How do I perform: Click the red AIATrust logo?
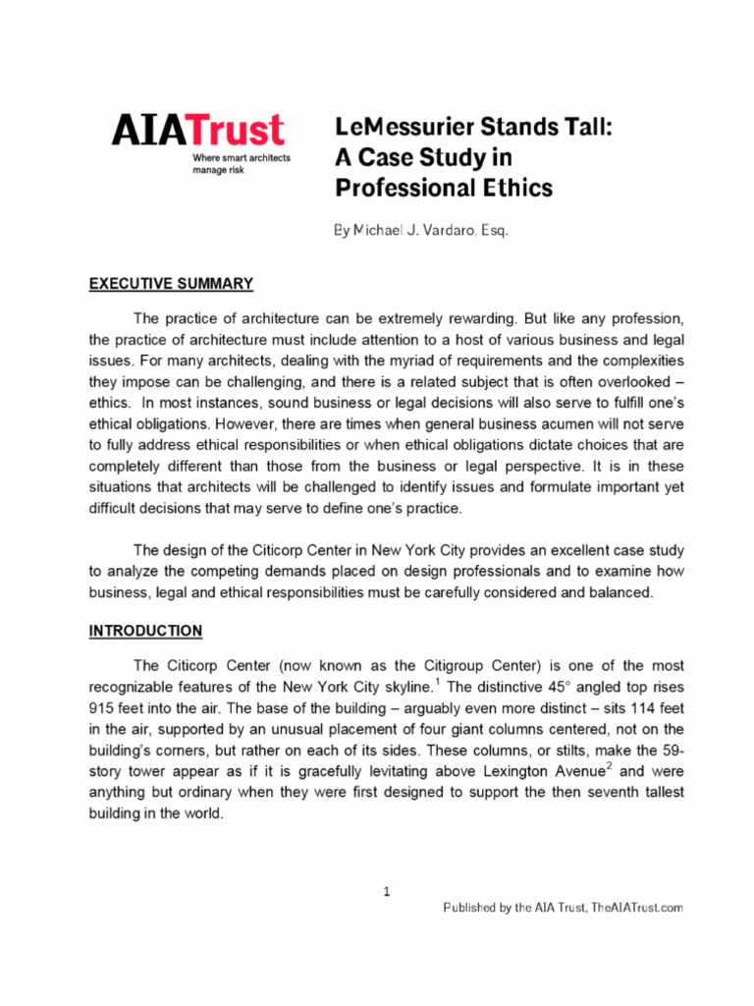tap(197, 131)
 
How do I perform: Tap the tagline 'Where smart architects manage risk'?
tap(241, 163)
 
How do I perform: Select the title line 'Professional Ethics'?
tap(444, 187)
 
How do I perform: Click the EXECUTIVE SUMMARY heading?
tap(171, 284)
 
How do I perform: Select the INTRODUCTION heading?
tap(145, 631)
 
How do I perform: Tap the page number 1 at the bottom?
tap(387, 892)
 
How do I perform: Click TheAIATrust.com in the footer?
tap(637, 909)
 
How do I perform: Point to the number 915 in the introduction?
tap(102, 708)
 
